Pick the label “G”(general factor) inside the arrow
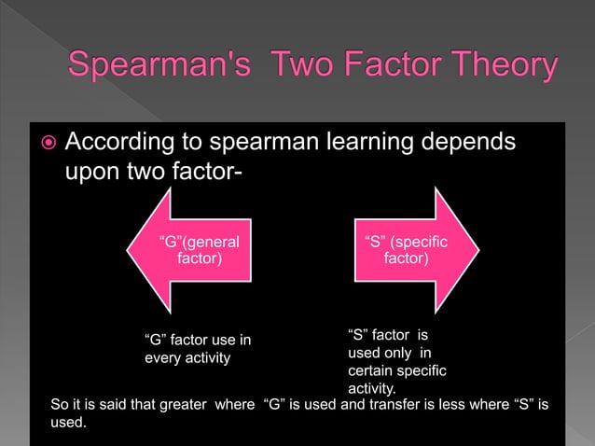200,250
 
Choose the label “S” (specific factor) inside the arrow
407,250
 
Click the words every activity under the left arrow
187,356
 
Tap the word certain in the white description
370,371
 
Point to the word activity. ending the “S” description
371,388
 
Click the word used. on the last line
68,423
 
